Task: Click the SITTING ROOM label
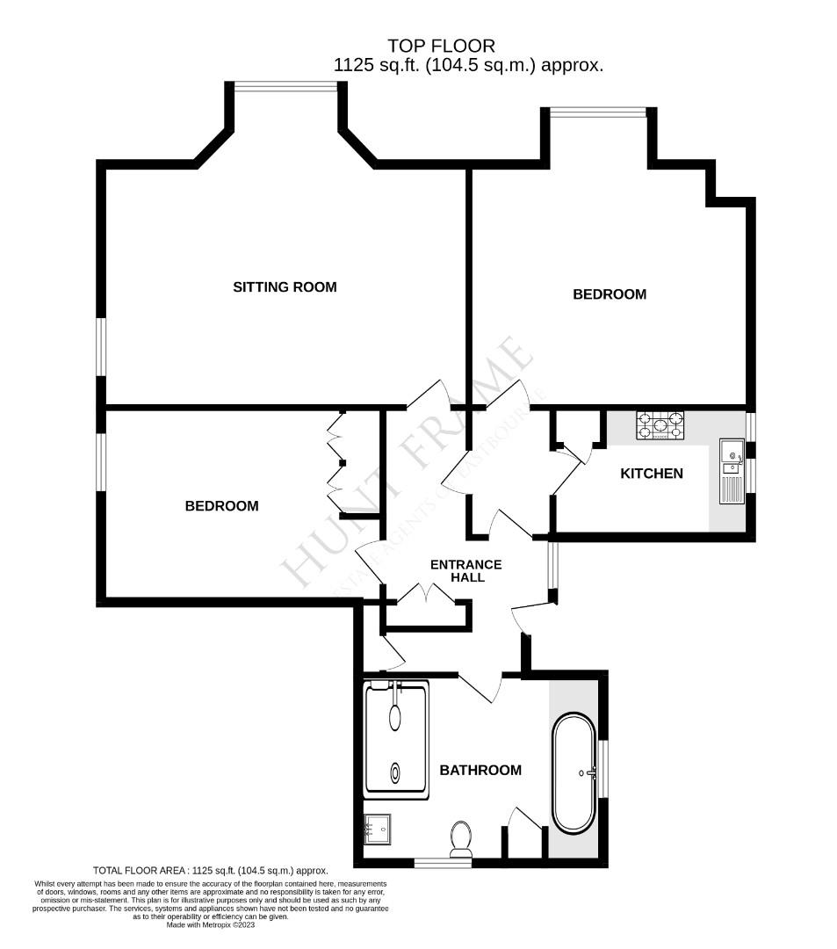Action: (284, 287)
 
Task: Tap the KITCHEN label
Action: (651, 474)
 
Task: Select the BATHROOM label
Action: (480, 771)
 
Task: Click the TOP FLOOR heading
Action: (443, 46)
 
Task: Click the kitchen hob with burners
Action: (660, 425)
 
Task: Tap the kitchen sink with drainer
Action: (731, 470)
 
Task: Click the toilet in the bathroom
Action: (460, 839)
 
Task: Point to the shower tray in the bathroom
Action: (395, 740)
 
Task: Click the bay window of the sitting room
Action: (285, 85)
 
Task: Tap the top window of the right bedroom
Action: (598, 111)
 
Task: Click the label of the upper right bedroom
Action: (609, 294)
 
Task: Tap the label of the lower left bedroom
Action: (221, 506)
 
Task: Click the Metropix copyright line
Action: (211, 924)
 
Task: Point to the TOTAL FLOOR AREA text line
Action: (210, 871)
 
